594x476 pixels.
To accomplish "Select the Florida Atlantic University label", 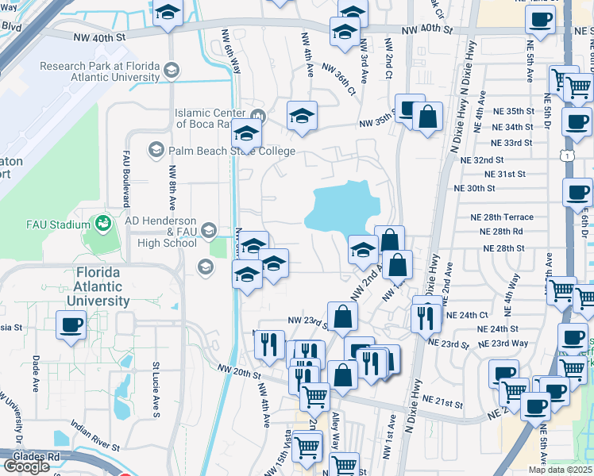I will click(x=98, y=286).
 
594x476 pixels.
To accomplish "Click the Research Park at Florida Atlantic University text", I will click(x=99, y=72).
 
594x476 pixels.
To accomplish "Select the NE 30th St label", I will click(x=474, y=189).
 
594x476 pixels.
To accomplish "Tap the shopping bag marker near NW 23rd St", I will click(x=342, y=317).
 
